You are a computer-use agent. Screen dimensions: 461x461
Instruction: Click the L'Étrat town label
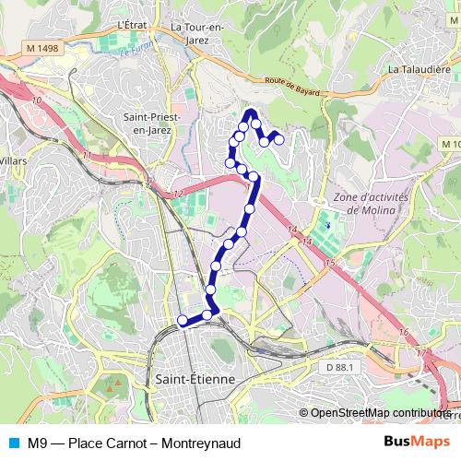tap(134, 25)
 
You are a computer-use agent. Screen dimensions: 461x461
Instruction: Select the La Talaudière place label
tap(418, 68)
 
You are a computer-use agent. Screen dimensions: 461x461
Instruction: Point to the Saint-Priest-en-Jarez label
tap(151, 124)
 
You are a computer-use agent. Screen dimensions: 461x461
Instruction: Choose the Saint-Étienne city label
tap(195, 379)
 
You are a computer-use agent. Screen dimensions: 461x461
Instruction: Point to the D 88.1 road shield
tap(339, 368)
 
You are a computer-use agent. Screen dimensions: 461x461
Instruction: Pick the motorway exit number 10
tap(37, 100)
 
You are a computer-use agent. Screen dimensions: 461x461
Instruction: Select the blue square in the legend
tap(11, 443)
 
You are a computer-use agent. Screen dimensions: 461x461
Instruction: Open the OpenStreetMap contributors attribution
tap(378, 413)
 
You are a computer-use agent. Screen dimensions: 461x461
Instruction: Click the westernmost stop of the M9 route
tap(183, 321)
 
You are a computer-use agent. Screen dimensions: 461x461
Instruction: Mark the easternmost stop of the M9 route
tap(278, 140)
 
